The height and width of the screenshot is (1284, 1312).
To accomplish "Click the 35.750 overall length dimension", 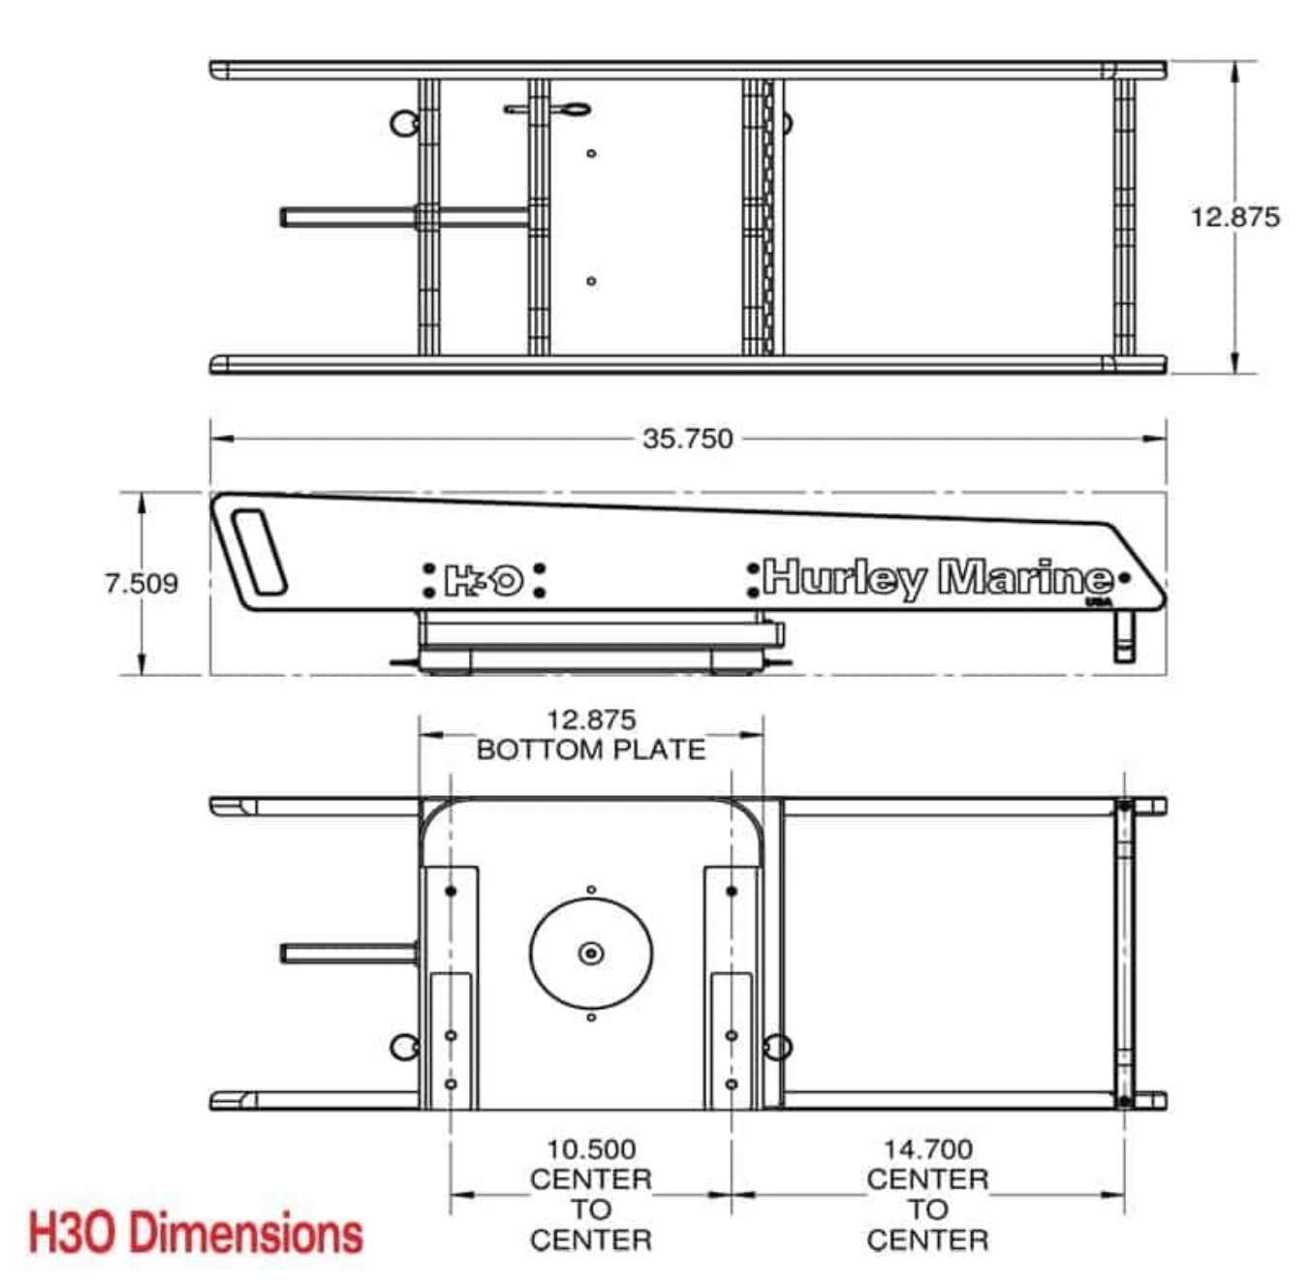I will click(x=687, y=439).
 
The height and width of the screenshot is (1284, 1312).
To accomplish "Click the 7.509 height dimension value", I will click(x=141, y=583).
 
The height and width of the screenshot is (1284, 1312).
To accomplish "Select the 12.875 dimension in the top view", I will click(x=1234, y=217).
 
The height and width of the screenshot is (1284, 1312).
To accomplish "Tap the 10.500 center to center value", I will click(x=591, y=1149).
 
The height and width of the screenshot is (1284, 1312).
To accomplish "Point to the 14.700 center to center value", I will click(x=927, y=1149).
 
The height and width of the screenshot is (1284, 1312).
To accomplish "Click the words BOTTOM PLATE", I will click(x=591, y=749).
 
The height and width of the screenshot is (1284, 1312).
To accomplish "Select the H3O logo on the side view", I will click(x=484, y=580).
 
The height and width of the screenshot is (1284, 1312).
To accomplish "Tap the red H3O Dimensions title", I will click(x=196, y=1233).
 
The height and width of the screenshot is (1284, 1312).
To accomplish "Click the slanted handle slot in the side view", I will click(x=260, y=551).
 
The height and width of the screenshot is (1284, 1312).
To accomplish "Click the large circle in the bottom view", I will click(x=591, y=954).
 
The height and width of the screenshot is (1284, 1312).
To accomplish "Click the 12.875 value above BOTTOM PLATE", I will click(x=591, y=720).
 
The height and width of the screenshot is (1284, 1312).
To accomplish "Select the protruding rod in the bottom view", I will click(x=347, y=954).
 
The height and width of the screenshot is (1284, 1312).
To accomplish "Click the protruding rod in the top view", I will click(x=349, y=217).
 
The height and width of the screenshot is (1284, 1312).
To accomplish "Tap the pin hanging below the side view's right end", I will click(x=1124, y=639).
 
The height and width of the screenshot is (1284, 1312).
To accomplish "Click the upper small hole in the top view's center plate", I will click(x=591, y=153).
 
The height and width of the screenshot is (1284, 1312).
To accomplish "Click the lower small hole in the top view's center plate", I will click(x=591, y=281).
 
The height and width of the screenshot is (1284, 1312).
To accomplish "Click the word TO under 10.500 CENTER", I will click(x=591, y=1209).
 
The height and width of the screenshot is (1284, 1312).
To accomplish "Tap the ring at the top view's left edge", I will click(x=403, y=123).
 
